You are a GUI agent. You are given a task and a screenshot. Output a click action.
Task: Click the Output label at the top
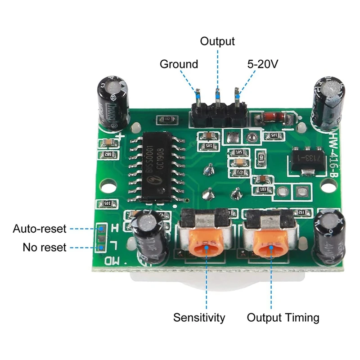click(217, 41)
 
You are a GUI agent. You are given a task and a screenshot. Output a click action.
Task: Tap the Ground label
click(179, 64)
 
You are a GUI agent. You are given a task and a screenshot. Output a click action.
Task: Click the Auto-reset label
click(40, 229)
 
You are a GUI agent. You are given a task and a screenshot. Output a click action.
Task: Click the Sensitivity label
click(199, 318)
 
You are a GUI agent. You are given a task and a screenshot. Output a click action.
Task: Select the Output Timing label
click(283, 318)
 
